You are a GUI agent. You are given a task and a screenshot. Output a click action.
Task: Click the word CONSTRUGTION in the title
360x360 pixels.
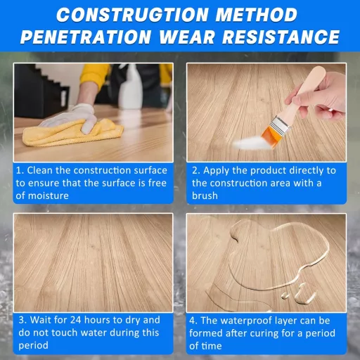click(132, 15)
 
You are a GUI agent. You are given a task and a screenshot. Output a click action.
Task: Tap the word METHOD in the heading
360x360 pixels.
click(257, 15)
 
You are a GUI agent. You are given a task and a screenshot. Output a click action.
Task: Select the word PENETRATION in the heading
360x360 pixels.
click(86, 37)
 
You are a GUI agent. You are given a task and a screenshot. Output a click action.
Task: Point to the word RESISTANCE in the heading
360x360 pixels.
click(281, 37)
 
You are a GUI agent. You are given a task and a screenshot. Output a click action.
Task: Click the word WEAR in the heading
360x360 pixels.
click(186, 37)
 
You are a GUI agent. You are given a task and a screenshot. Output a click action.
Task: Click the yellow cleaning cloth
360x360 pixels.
click(72, 132)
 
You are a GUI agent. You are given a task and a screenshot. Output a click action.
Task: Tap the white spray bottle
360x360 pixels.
click(130, 88)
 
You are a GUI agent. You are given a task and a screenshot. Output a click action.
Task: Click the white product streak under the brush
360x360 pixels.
click(248, 143)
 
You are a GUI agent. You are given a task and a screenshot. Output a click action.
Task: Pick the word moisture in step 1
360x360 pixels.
click(42, 195)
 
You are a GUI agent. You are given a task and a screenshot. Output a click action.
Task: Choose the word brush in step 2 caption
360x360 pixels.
click(205, 195)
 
